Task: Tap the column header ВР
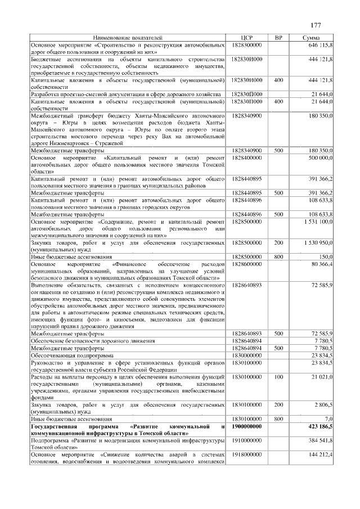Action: [x=278, y=37]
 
